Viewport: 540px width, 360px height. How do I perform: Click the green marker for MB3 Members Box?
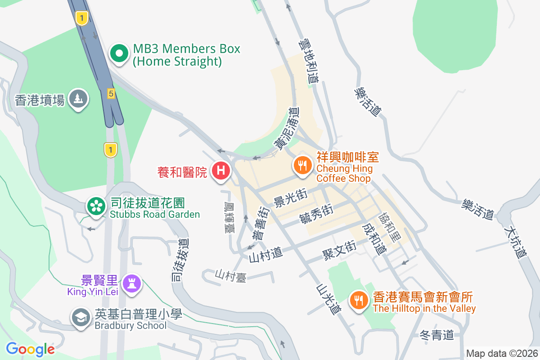click(119, 54)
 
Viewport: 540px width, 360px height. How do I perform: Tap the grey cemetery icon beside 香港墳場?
click(78, 99)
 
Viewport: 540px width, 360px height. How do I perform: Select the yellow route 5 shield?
click(111, 94)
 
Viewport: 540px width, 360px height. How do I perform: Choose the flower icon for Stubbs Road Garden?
click(96, 207)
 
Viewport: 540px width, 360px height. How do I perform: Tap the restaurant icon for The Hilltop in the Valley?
click(359, 300)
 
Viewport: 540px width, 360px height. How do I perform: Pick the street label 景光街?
click(290, 198)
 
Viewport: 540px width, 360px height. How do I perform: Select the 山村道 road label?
click(266, 256)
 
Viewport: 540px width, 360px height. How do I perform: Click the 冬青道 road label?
click(436, 335)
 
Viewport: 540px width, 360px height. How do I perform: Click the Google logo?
click(30, 349)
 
